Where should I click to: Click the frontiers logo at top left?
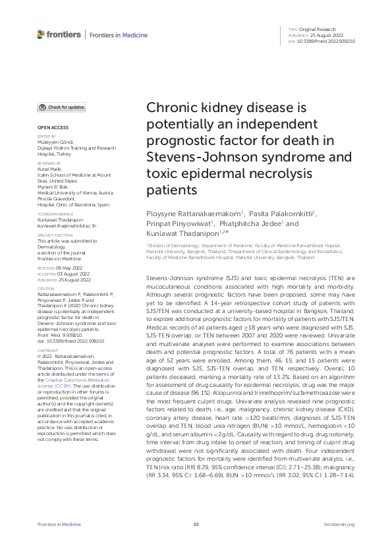tap(59, 34)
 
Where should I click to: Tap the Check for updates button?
tap(62, 107)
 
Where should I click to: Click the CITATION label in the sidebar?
tap(46, 288)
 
